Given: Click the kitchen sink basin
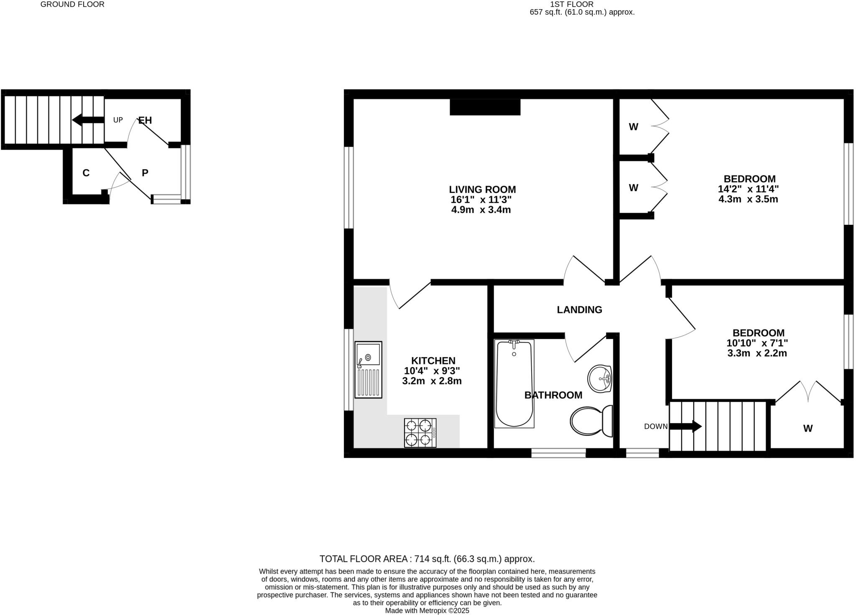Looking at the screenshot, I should pyautogui.click(x=368, y=355).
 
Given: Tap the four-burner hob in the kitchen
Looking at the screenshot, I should pyautogui.click(x=420, y=433).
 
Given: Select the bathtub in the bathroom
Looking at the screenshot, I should pyautogui.click(x=514, y=383).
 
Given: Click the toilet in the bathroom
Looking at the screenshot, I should pyautogui.click(x=591, y=421).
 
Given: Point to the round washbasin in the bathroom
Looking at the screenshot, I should pyautogui.click(x=600, y=379).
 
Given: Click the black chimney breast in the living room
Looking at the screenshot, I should pyautogui.click(x=485, y=107).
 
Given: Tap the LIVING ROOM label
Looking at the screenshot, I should pyautogui.click(x=482, y=189).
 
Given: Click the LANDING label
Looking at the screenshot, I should pyautogui.click(x=579, y=310).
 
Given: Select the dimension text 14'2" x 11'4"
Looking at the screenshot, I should pyautogui.click(x=748, y=189).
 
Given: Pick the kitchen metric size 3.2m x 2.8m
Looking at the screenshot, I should pyautogui.click(x=432, y=381).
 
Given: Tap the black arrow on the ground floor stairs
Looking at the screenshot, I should pyautogui.click(x=88, y=120).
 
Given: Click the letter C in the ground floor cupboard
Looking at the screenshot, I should pyautogui.click(x=86, y=173).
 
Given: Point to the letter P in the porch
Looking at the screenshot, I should pyautogui.click(x=145, y=173).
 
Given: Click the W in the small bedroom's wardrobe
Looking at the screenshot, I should pyautogui.click(x=808, y=428).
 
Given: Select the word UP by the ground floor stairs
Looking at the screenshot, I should pyautogui.click(x=118, y=120).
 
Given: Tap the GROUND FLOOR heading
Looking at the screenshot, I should pyautogui.click(x=72, y=4).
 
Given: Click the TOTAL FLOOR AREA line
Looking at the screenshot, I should pyautogui.click(x=427, y=559).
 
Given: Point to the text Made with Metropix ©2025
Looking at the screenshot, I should pyautogui.click(x=427, y=610).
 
